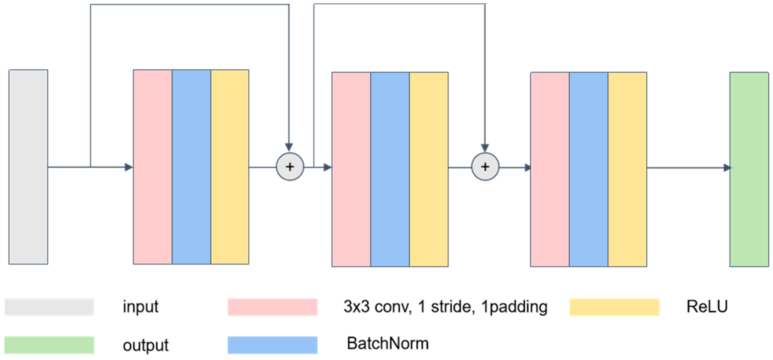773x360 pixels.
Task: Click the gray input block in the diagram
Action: [x=28, y=167]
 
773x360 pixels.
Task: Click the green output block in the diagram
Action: [x=749, y=169]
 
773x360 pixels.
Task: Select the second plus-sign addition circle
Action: [x=485, y=167]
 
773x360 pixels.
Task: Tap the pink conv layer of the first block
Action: [x=153, y=167]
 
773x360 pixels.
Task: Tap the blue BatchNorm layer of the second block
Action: [x=390, y=169]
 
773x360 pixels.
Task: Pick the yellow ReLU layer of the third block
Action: [x=627, y=169]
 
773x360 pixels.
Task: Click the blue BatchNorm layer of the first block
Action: [x=191, y=167]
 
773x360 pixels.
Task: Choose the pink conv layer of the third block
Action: [x=550, y=169]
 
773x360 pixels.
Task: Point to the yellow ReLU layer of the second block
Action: [x=429, y=169]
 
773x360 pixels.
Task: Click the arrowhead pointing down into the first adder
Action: [x=289, y=147]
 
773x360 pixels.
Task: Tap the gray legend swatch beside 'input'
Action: [x=49, y=307]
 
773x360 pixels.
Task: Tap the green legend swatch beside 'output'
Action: [x=49, y=345]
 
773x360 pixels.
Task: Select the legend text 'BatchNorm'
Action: [x=388, y=343]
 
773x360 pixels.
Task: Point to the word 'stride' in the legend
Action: [x=453, y=307]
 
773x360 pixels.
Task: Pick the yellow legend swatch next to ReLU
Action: [x=614, y=307]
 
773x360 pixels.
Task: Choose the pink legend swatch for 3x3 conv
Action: [x=272, y=307]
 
